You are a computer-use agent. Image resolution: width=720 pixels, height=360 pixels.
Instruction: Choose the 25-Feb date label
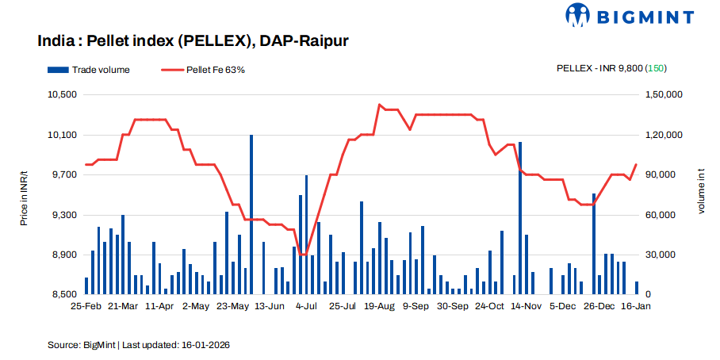(86, 306)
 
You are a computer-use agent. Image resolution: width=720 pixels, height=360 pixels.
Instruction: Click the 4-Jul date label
(305, 306)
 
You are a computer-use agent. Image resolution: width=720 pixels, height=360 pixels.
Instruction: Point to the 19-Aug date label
(380, 306)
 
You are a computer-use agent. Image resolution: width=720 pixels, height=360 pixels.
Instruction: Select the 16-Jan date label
(635, 306)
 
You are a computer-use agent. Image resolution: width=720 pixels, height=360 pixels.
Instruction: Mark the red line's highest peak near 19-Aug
(379, 105)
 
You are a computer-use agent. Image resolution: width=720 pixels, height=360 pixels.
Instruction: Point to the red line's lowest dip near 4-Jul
(302, 255)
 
